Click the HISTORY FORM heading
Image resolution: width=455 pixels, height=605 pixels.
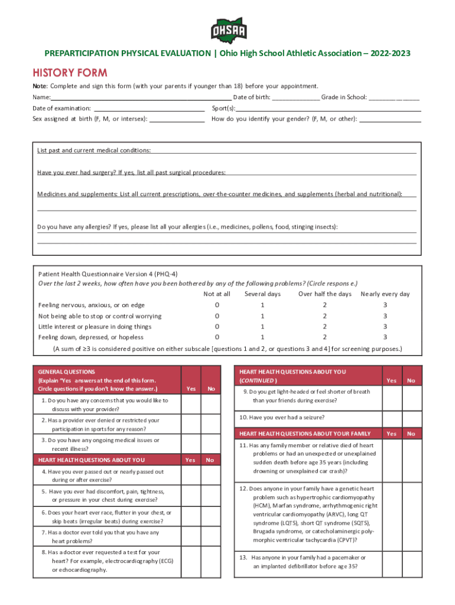coord(70,73)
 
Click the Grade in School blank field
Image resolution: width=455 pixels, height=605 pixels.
coord(394,96)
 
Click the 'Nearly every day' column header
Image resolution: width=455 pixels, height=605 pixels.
coord(385,294)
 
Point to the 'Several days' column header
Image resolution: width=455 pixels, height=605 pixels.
coord(262,294)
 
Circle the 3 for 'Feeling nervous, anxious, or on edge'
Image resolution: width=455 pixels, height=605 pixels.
coord(385,305)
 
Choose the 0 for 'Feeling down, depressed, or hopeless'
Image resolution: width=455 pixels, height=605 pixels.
coord(217,337)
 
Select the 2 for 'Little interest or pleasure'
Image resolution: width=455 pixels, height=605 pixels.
coord(324,327)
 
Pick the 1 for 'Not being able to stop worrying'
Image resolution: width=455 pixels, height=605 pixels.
coord(262,316)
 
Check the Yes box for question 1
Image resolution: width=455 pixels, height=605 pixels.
coord(190,405)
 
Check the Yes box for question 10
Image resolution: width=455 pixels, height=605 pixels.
coord(391,418)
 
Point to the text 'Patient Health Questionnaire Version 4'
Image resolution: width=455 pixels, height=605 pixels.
coord(108,274)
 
